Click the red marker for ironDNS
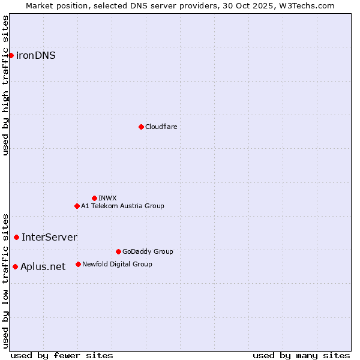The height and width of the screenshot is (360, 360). click(11, 55)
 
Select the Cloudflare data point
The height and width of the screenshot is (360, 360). click(141, 127)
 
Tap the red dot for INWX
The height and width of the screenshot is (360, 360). click(94, 198)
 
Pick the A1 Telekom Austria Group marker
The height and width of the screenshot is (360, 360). click(77, 206)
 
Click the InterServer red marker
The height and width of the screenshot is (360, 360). click(16, 237)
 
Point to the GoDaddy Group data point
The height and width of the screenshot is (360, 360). click(118, 251)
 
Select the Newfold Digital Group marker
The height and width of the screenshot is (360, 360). click(78, 264)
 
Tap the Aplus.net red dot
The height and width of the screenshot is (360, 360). click(15, 266)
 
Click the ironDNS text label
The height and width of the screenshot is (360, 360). click(36, 55)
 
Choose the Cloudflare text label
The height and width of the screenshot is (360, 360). click(161, 127)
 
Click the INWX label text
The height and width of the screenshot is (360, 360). click(107, 198)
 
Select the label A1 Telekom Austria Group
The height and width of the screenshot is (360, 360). click(122, 206)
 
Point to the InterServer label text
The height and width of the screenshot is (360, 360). click(49, 237)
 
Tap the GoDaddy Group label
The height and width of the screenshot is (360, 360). click(148, 251)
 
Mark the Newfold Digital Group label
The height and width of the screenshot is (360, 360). click(117, 264)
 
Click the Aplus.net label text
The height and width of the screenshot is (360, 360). click(43, 266)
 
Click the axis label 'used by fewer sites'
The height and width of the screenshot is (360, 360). click(62, 355)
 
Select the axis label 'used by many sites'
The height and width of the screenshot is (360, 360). click(301, 355)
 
